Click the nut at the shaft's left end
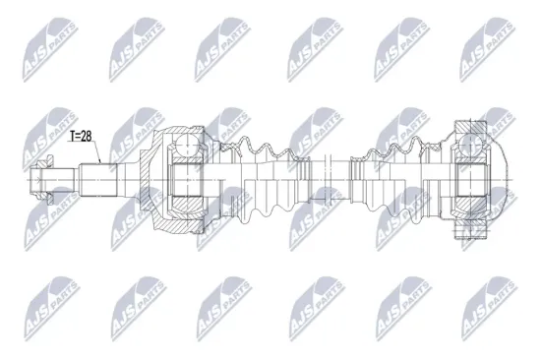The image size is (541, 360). (x=41, y=179)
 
